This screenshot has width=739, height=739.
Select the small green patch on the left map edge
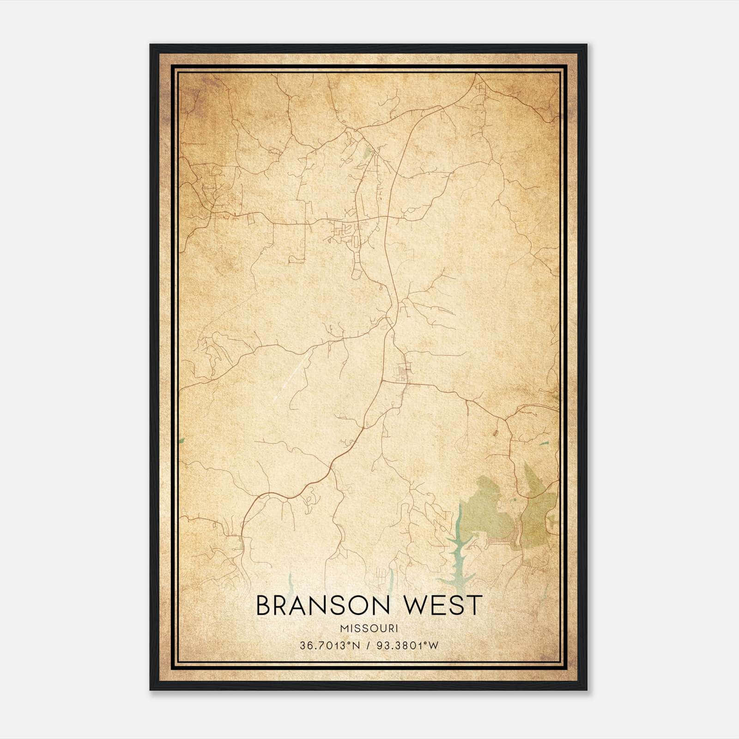182,440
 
